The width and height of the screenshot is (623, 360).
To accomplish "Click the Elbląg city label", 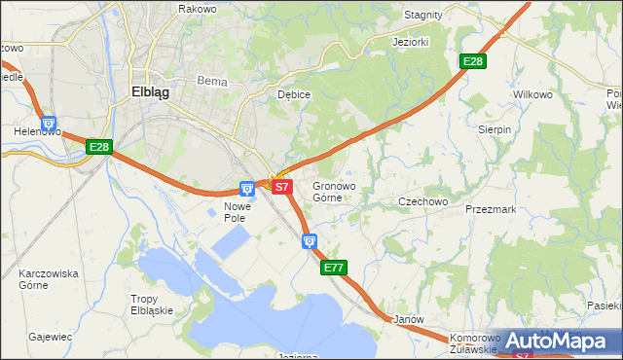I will pos(150,92).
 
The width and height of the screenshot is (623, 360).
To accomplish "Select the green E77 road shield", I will pos(333,267).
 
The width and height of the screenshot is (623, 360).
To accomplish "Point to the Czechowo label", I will pos(422,201).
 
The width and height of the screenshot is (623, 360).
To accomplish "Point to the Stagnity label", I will pos(422,15).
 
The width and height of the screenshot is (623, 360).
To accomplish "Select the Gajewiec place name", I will pos(51,337).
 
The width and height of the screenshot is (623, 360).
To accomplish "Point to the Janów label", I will pos(406,319).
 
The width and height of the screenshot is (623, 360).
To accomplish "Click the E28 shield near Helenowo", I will pos(98,147).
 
